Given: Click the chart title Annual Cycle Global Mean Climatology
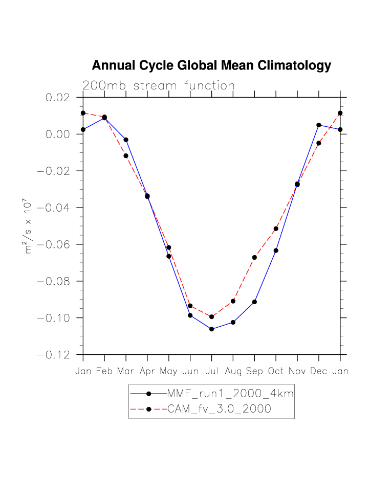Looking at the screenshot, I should (x=211, y=65).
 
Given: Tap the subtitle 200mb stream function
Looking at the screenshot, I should (x=159, y=86).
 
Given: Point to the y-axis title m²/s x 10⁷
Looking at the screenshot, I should (x=29, y=226).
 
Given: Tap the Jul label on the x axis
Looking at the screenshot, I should (x=211, y=371).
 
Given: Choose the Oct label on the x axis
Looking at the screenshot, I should (x=276, y=371).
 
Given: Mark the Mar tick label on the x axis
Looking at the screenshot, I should (x=126, y=371).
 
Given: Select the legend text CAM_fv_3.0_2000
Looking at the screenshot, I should (x=219, y=409).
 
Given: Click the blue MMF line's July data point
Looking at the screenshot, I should (x=211, y=329).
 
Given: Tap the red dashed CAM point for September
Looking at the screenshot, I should (x=254, y=257).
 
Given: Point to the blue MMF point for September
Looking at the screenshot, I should (x=254, y=302).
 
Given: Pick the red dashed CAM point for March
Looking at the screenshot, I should (x=126, y=156).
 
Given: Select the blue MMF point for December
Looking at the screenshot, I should (x=319, y=125).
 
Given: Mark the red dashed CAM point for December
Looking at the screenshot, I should (x=319, y=143).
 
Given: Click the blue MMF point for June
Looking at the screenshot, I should (x=190, y=315).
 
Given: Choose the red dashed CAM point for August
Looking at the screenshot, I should (x=233, y=301).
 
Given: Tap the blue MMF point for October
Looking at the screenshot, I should (x=276, y=251).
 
